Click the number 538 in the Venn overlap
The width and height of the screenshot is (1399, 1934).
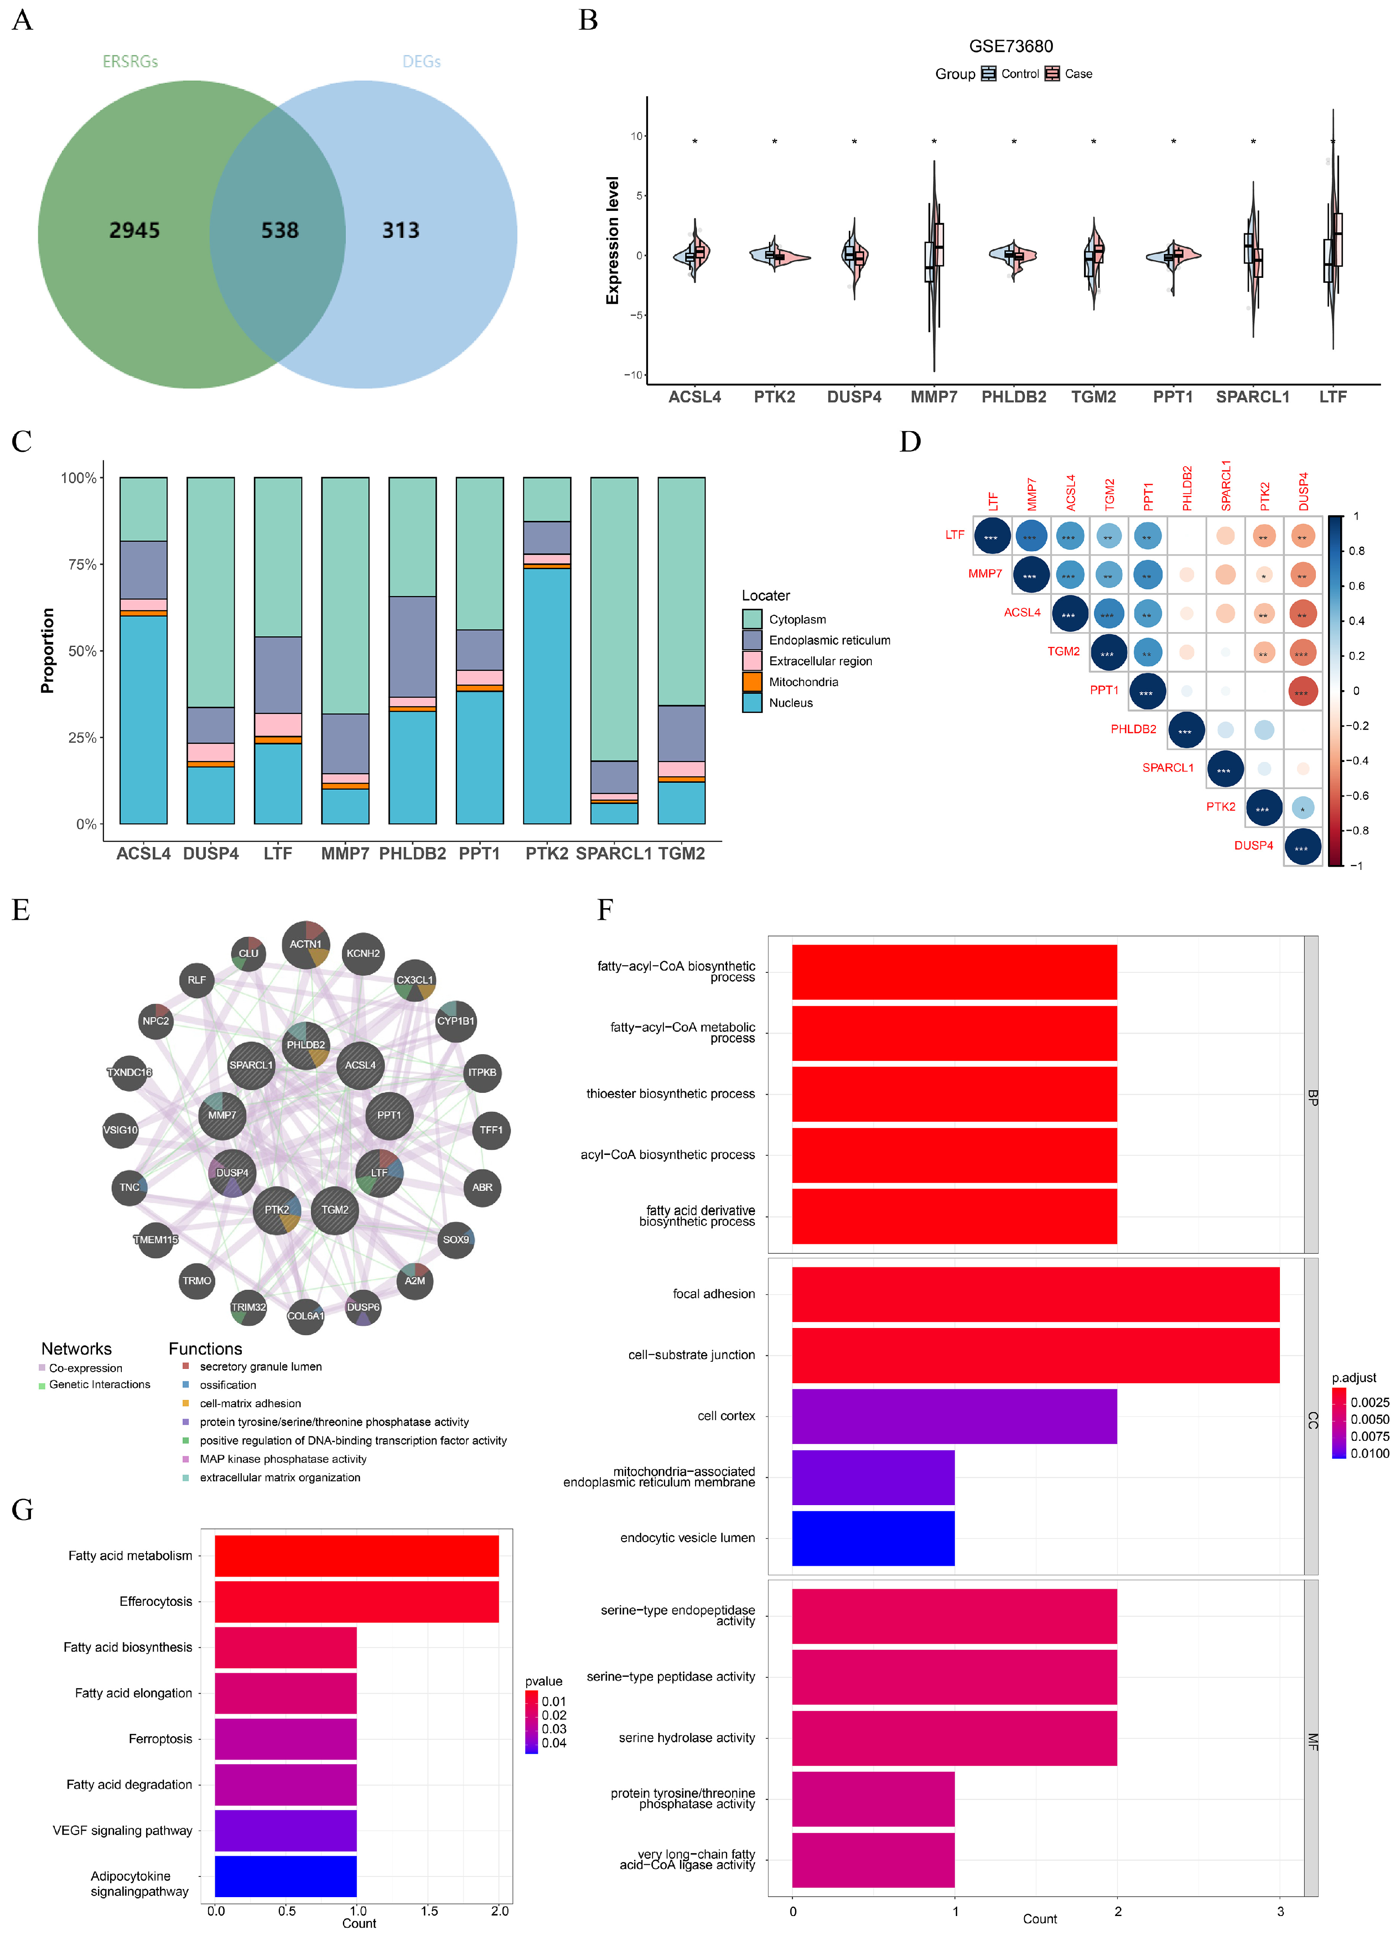(x=280, y=230)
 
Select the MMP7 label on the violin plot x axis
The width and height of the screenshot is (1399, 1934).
(x=933, y=397)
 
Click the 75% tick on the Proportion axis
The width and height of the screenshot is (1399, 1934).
(x=79, y=565)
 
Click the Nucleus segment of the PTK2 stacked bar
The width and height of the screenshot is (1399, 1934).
(x=546, y=695)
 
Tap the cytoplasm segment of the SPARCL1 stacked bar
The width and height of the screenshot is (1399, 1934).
(x=614, y=618)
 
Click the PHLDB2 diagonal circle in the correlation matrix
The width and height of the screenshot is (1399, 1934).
(x=1185, y=731)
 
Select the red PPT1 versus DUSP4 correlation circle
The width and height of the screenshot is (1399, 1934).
(x=1302, y=691)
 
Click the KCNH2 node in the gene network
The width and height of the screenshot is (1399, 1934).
(x=363, y=954)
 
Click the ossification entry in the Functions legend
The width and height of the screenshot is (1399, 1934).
(x=228, y=1385)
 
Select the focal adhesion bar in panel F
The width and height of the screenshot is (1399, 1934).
(x=1035, y=1293)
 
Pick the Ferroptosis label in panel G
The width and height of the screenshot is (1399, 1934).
(x=160, y=1739)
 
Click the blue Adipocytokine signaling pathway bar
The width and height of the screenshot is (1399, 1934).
(x=285, y=1876)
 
